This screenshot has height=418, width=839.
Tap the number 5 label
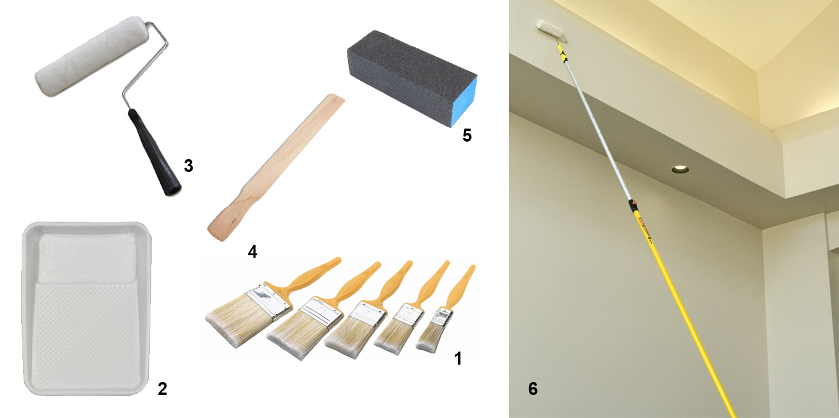coord(467,135)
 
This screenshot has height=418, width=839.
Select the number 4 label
coord(252,251)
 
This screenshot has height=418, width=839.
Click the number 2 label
coord(162,389)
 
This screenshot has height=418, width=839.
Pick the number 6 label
coord(533,389)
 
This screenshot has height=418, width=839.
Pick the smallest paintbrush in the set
coord(435,329)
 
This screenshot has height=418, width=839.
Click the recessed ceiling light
coord(679,169)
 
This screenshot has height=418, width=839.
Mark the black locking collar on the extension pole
coord(633,205)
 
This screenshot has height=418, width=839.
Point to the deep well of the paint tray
coord(87,255)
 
